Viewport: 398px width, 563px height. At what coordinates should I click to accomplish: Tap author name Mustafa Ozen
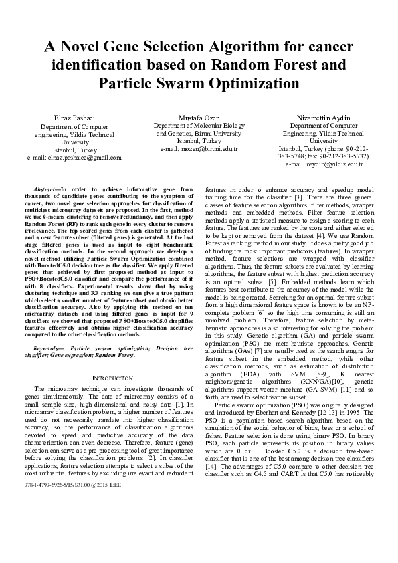click(x=199, y=118)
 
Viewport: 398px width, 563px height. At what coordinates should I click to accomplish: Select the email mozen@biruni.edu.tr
click(x=199, y=149)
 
